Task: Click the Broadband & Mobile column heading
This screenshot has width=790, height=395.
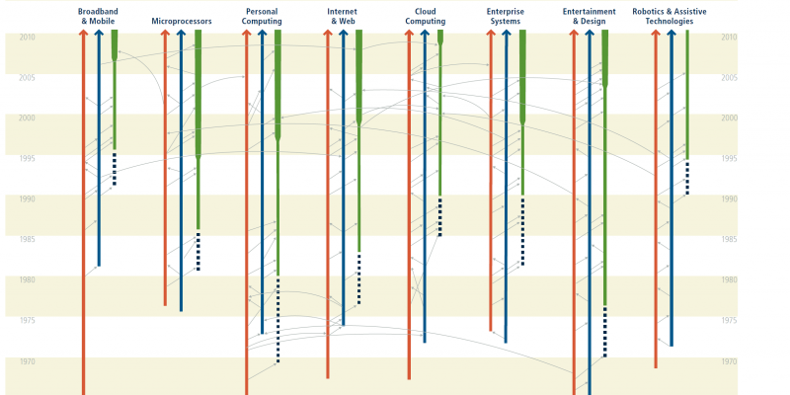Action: click(98, 16)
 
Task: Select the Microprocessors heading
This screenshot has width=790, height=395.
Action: click(182, 21)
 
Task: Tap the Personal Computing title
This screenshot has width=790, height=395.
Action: click(262, 16)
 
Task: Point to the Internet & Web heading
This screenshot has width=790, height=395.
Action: click(342, 16)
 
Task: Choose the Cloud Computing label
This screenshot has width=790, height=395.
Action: click(426, 16)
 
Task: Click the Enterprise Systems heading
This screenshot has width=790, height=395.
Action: click(506, 16)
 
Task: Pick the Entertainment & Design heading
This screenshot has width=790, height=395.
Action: click(589, 16)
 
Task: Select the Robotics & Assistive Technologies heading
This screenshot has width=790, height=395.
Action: click(670, 16)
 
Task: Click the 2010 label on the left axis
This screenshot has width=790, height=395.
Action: click(27, 38)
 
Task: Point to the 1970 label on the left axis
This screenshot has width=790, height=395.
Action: click(27, 361)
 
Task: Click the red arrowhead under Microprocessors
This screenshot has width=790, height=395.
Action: click(165, 33)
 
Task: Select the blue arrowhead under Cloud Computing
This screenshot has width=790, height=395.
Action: click(425, 33)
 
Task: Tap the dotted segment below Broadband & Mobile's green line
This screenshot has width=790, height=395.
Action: click(115, 169)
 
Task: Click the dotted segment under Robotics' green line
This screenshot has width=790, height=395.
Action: click(687, 179)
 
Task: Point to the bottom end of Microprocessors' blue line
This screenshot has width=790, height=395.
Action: click(181, 311)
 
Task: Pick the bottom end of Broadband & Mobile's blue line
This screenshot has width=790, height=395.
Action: click(99, 266)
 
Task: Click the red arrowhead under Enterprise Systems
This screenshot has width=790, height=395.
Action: click(490, 33)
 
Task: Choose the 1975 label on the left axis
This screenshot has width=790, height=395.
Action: click(27, 320)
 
